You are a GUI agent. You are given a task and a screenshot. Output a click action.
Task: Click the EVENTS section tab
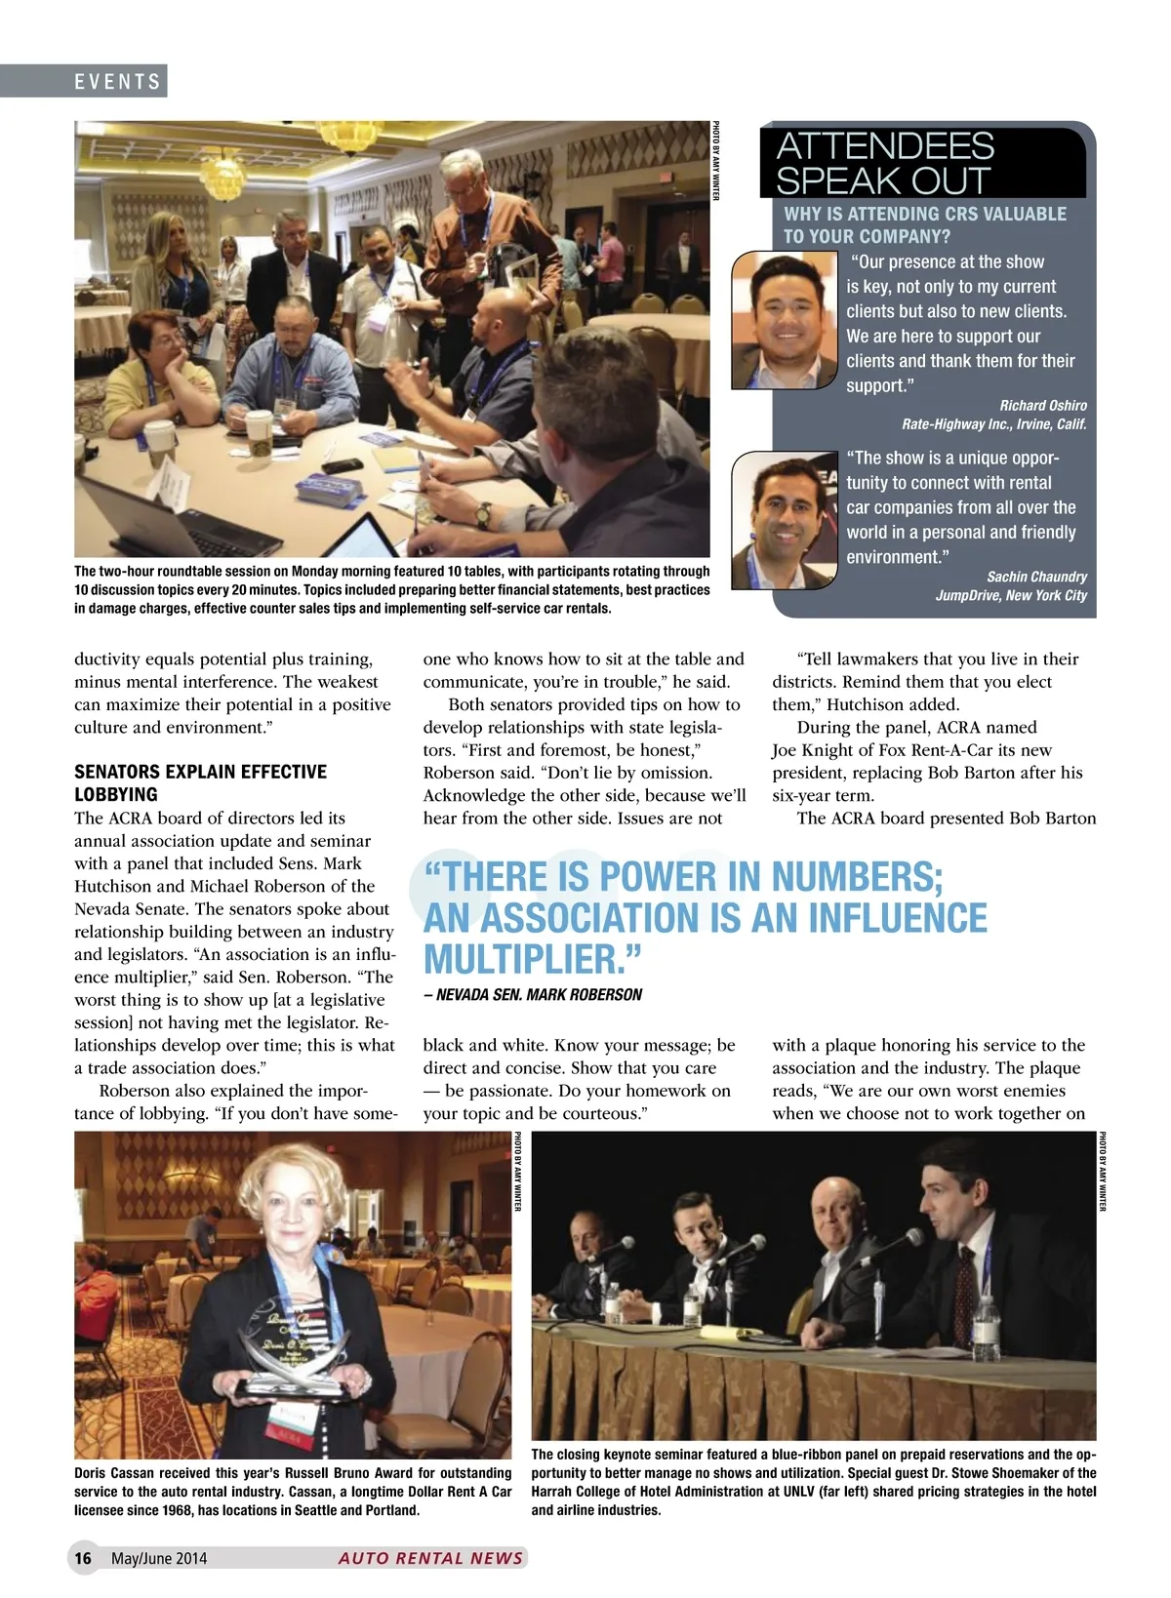pyautogui.click(x=117, y=82)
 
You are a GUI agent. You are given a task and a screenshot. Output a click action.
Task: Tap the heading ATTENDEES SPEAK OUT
pyautogui.click(x=884, y=163)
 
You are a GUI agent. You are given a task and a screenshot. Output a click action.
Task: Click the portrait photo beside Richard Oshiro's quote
pyautogui.click(x=785, y=320)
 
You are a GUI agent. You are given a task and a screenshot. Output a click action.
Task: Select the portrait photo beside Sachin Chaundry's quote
pyautogui.click(x=785, y=520)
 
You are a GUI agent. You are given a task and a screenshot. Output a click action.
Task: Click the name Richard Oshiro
pyautogui.click(x=1042, y=406)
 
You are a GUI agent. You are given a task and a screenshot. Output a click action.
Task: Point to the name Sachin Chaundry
pyautogui.click(x=1036, y=577)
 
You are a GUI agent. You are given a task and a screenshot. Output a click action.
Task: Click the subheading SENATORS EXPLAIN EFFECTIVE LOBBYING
pyautogui.click(x=200, y=782)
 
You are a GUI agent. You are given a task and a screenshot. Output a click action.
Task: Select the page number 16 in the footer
pyautogui.click(x=84, y=1558)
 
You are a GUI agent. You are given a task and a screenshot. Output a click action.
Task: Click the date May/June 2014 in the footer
pyautogui.click(x=159, y=1558)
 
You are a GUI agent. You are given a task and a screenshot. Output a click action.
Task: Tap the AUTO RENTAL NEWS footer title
pyautogui.click(x=430, y=1558)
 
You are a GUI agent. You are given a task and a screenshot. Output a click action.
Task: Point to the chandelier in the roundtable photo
pyautogui.click(x=222, y=173)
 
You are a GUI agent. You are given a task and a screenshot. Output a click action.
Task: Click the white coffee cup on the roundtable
pyautogui.click(x=258, y=432)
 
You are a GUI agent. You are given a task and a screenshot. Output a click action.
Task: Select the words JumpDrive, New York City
pyautogui.click(x=1011, y=596)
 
